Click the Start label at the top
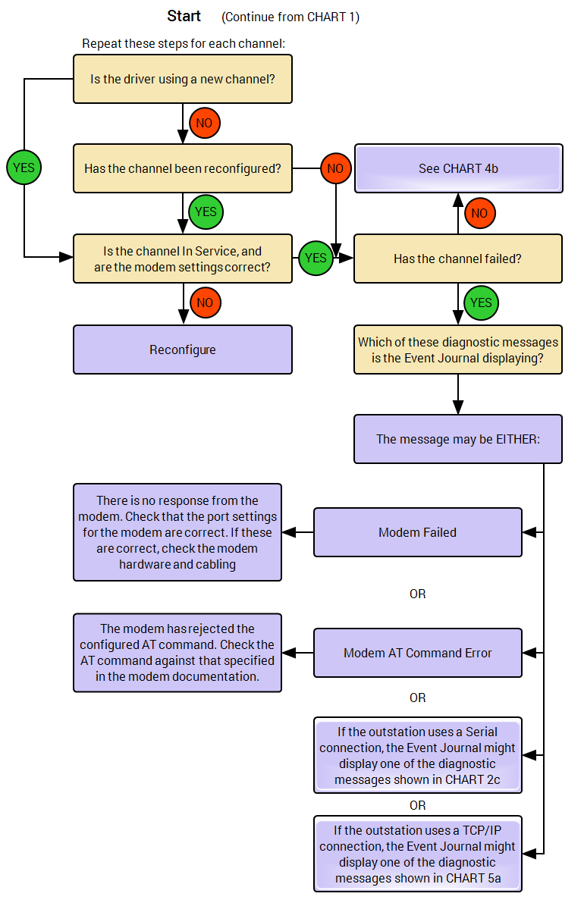(x=184, y=16)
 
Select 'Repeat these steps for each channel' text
(x=184, y=43)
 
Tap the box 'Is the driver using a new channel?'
(x=183, y=79)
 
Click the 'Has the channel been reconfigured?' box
(x=183, y=168)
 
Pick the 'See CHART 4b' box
(x=458, y=168)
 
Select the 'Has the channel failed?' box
(x=458, y=259)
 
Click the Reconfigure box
(x=183, y=350)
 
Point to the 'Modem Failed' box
(x=418, y=532)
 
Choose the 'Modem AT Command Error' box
(x=418, y=653)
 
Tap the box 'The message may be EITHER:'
(x=458, y=439)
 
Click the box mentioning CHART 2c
(x=418, y=755)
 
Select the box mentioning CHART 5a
(x=418, y=854)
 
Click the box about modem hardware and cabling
(x=177, y=532)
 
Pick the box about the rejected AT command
(x=177, y=653)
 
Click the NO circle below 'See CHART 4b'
(x=479, y=213)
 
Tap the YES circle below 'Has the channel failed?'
(x=480, y=303)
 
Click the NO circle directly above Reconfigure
(x=205, y=303)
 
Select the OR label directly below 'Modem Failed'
(x=418, y=594)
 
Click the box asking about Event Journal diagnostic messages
(x=458, y=350)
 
